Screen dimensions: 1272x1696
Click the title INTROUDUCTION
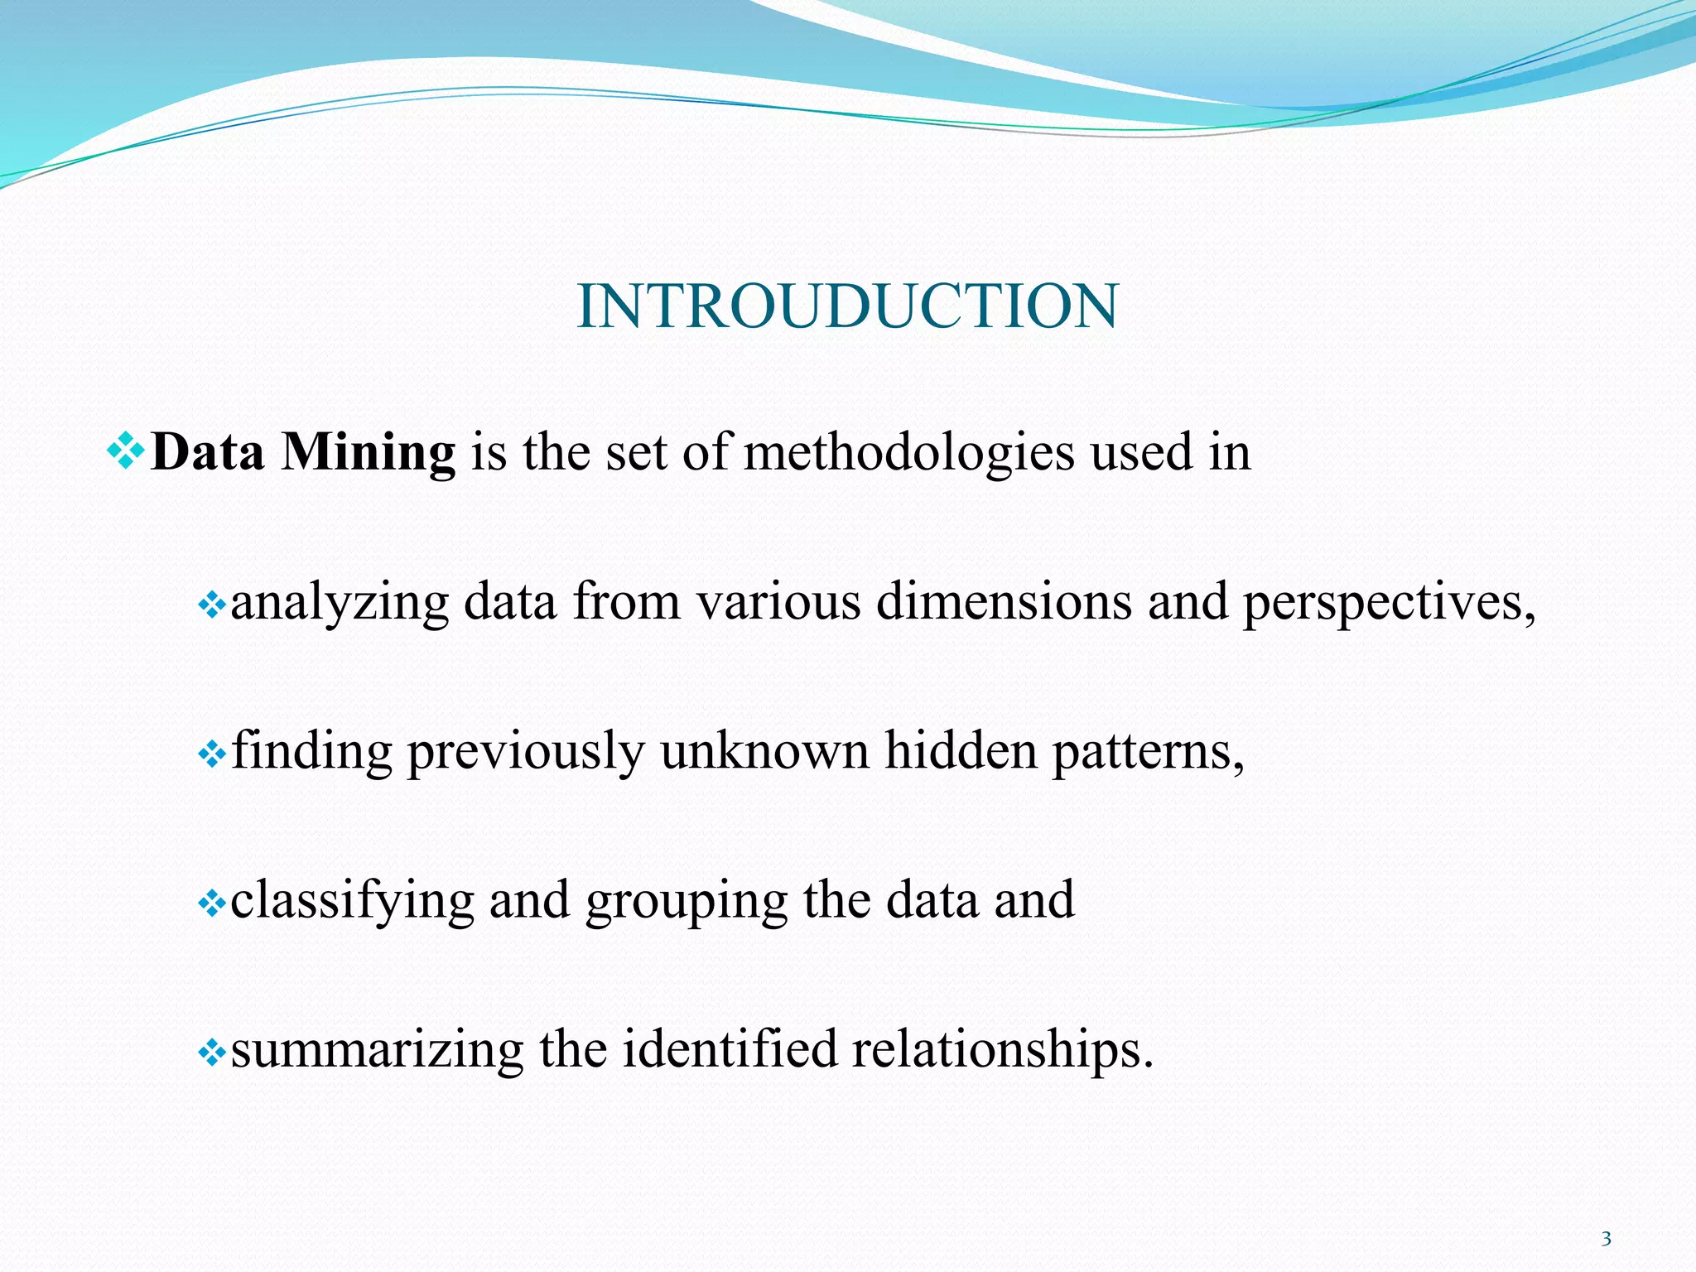click(847, 306)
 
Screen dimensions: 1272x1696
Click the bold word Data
click(208, 453)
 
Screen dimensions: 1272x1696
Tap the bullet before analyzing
click(212, 606)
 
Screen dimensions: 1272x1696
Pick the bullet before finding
click(212, 755)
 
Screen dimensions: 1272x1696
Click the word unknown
click(764, 752)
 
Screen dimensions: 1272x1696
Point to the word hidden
click(961, 751)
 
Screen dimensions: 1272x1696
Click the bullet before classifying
click(212, 904)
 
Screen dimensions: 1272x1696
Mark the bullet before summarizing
click(212, 1053)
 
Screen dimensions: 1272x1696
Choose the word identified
click(730, 1049)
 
